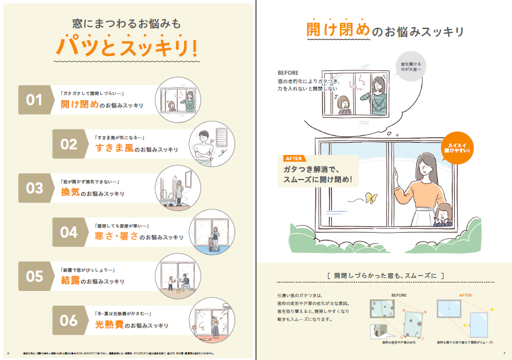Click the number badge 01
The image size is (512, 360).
[35, 100]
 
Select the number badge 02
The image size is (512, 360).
[69, 144]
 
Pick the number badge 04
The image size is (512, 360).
[69, 232]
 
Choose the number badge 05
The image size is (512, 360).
[35, 276]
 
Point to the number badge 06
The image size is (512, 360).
[69, 320]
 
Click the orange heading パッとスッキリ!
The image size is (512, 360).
[127, 47]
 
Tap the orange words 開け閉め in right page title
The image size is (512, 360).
[338, 30]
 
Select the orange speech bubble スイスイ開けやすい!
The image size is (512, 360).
[459, 148]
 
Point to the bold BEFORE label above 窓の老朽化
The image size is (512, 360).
[288, 73]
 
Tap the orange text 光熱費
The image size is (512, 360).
[108, 325]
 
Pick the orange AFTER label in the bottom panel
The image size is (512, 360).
[465, 295]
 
